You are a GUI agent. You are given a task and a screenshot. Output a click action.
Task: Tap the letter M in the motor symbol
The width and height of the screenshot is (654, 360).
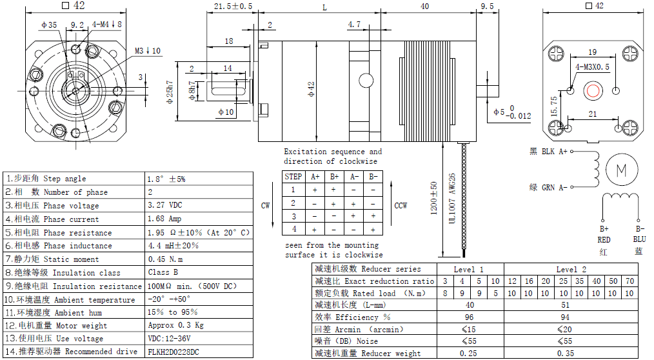(622, 170)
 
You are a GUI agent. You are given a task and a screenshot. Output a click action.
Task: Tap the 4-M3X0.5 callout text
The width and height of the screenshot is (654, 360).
(592, 66)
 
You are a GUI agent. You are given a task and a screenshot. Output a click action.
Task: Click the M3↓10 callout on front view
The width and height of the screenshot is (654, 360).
(148, 50)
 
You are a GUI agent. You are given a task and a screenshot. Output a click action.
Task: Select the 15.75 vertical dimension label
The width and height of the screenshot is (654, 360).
(553, 106)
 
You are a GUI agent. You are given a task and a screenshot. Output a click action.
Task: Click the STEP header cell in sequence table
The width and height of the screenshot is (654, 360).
(293, 176)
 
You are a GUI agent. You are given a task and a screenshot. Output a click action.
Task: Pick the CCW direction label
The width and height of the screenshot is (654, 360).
(401, 206)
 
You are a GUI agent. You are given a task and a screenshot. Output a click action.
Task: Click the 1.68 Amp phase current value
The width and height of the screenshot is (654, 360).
(164, 219)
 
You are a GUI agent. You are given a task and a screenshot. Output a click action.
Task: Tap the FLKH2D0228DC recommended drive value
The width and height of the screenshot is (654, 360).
(173, 352)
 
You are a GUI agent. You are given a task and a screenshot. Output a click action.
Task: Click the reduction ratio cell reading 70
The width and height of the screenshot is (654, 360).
(629, 281)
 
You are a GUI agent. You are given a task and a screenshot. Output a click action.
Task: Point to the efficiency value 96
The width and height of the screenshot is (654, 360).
(469, 317)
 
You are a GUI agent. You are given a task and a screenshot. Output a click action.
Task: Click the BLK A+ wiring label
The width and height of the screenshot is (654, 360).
(548, 152)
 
